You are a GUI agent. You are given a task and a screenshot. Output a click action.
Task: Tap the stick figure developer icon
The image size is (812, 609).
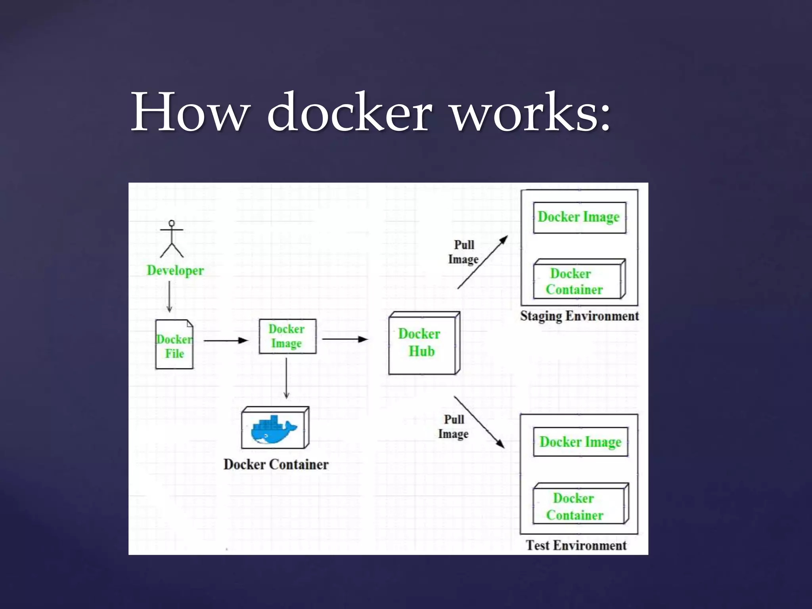point(172,239)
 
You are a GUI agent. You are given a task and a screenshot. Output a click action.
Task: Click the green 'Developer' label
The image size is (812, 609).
point(175,270)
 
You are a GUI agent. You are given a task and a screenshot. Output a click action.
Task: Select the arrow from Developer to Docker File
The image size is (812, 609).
point(169,296)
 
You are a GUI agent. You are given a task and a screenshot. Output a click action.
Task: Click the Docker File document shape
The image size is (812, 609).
point(174,345)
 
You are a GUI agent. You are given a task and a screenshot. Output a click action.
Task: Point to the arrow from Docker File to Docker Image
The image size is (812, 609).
point(226,340)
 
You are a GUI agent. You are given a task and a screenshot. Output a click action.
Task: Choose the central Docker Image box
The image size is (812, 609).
point(287,336)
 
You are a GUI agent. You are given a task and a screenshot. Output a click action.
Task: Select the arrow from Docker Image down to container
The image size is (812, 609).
point(286,377)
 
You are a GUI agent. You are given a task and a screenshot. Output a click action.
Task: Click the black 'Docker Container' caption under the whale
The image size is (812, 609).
point(276,464)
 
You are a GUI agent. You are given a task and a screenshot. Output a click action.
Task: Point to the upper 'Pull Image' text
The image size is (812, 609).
point(463,252)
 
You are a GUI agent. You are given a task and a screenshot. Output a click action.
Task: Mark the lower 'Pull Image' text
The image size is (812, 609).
point(453,427)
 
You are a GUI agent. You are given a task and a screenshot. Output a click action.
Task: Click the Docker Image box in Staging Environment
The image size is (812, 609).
point(579,217)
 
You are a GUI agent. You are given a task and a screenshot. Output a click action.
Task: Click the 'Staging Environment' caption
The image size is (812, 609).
point(579,316)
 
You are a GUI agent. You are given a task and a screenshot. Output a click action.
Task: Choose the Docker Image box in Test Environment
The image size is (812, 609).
point(580,442)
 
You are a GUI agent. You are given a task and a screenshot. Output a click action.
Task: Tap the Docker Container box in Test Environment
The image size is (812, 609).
point(579,505)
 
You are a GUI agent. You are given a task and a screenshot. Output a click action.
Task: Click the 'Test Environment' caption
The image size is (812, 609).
point(576,545)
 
